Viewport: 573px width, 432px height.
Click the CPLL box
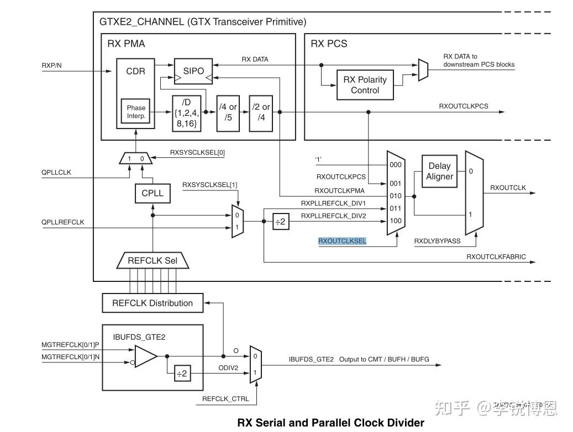click(x=152, y=194)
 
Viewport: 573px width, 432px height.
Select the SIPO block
click(x=193, y=71)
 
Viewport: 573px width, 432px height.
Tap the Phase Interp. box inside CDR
click(x=135, y=112)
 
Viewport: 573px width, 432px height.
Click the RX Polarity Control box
click(x=365, y=85)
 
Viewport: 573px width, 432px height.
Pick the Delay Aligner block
click(x=439, y=171)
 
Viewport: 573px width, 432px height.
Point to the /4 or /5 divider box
click(x=228, y=112)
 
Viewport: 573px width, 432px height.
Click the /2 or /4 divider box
click(x=261, y=112)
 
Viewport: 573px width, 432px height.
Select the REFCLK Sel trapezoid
click(x=153, y=260)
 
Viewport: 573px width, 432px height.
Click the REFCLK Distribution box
click(x=153, y=303)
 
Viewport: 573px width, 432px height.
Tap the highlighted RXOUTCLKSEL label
click(x=342, y=241)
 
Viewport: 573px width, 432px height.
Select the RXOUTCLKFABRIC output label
click(x=496, y=257)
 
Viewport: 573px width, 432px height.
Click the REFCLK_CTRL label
click(x=225, y=399)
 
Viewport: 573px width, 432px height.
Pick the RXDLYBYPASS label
click(x=437, y=241)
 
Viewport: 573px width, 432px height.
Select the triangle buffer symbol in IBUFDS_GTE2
click(x=146, y=356)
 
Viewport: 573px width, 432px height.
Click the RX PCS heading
click(x=329, y=44)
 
